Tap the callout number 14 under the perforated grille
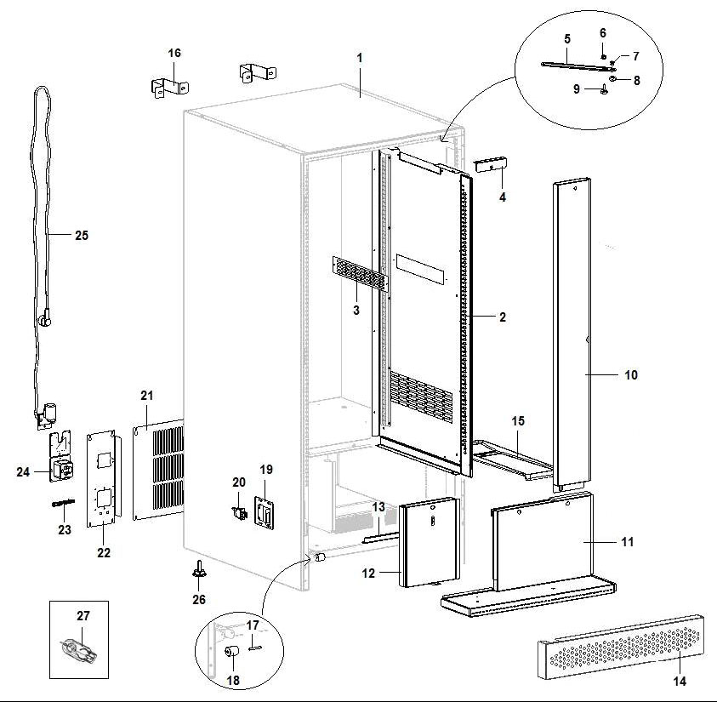pos(679,680)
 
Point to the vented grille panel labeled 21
pos(159,469)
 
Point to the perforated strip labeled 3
pos(358,272)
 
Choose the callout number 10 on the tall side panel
pos(630,374)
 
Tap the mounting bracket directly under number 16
pos(169,85)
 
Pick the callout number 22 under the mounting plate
pos(104,552)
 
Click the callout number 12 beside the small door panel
pos(368,574)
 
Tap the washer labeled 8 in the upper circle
pos(614,79)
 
